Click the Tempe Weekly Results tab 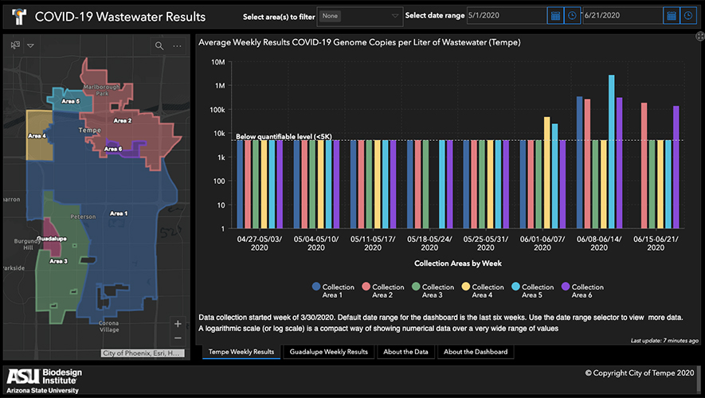point(241,352)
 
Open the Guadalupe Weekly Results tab point(329,352)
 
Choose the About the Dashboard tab point(474,352)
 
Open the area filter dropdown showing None point(359,16)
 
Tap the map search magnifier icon point(159,46)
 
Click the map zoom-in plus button point(177,324)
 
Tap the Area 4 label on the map point(38,136)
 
